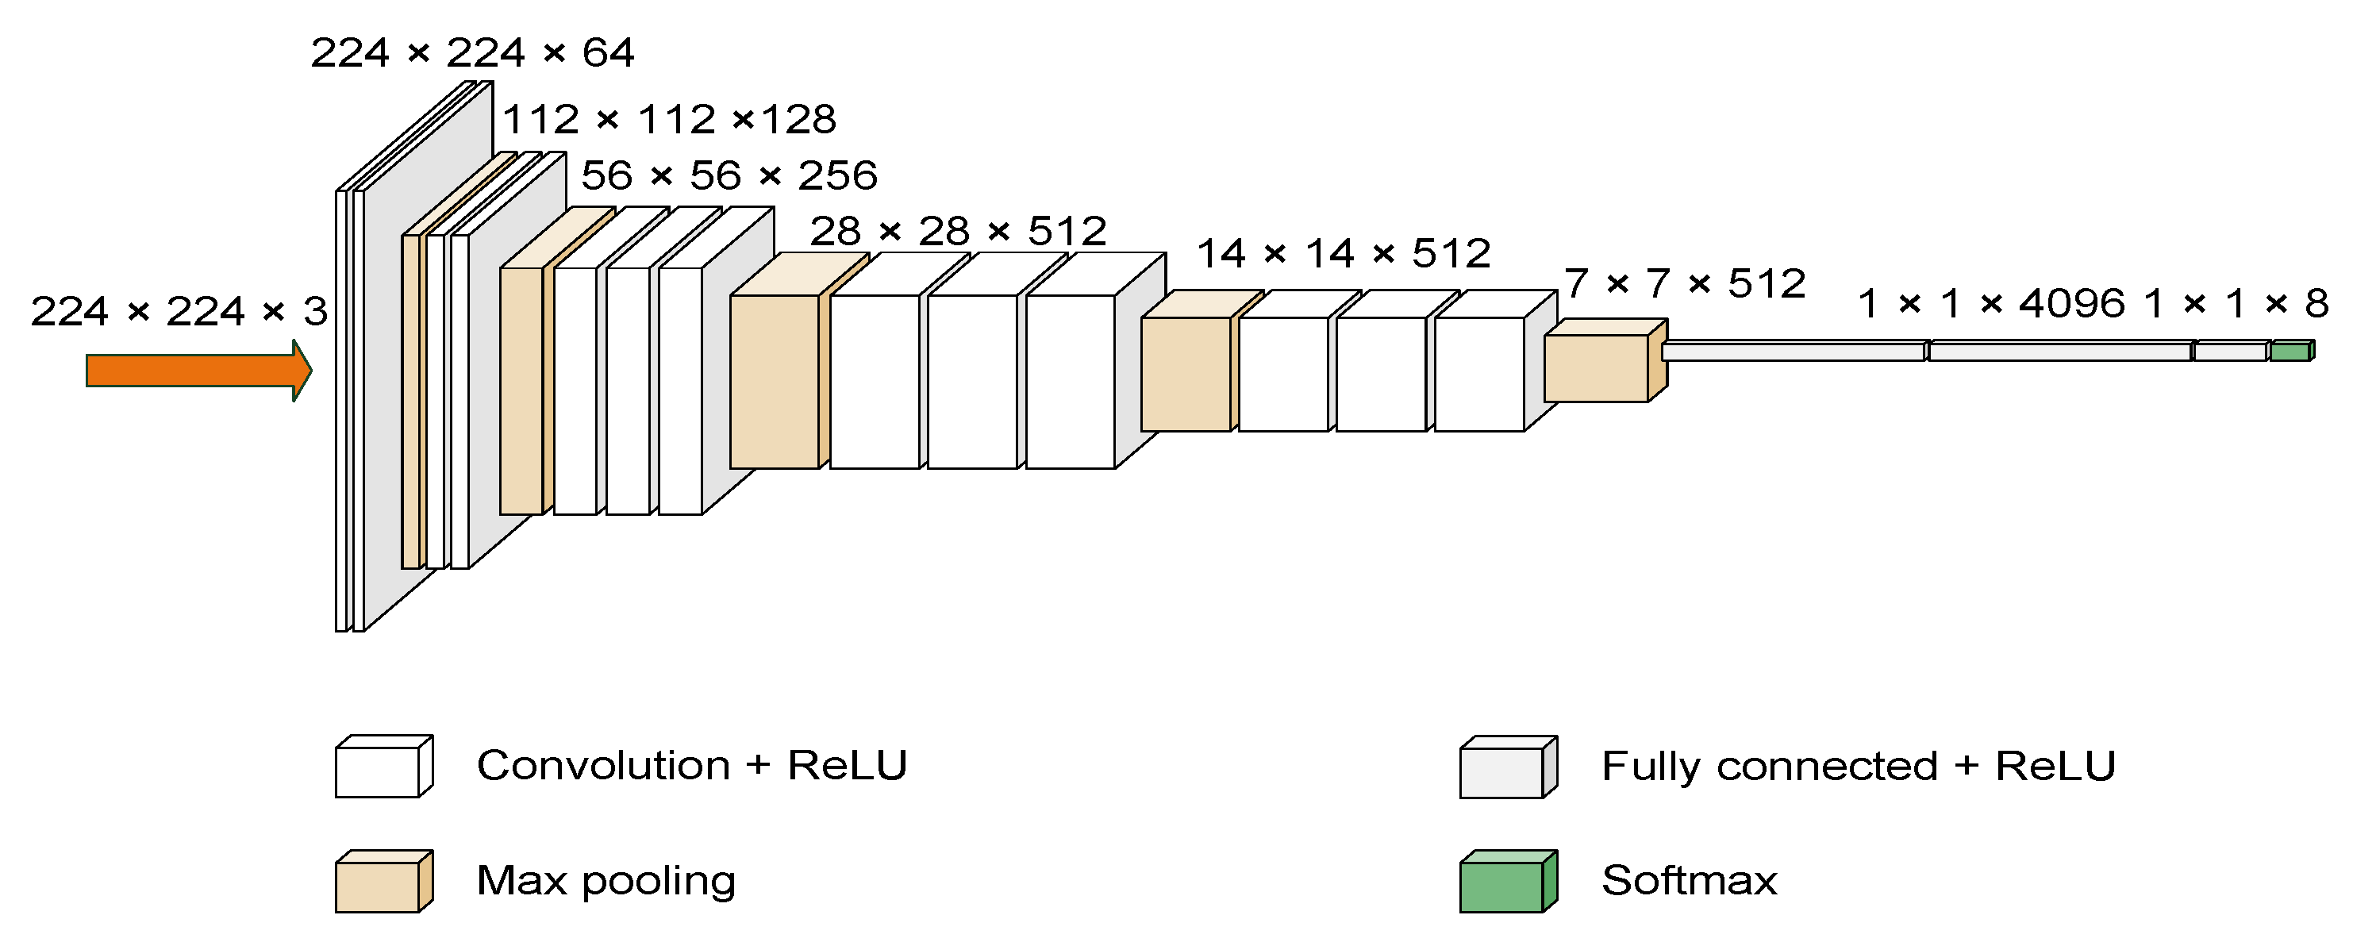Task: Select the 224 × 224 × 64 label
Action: pyautogui.click(x=472, y=53)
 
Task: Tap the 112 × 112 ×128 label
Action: pyautogui.click(x=670, y=120)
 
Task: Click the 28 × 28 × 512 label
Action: pyautogui.click(x=958, y=231)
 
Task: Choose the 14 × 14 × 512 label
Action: pyautogui.click(x=1344, y=253)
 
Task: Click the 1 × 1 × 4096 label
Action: pyautogui.click(x=1991, y=303)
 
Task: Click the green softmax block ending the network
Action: pyautogui.click(x=2291, y=352)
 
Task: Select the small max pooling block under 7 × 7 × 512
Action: pyautogui.click(x=1597, y=367)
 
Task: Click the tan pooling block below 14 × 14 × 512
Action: pyautogui.click(x=1186, y=374)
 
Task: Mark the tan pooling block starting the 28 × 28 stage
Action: pyautogui.click(x=775, y=381)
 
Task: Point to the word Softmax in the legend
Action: pyautogui.click(x=1690, y=881)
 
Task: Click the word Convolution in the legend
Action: pyautogui.click(x=604, y=766)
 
